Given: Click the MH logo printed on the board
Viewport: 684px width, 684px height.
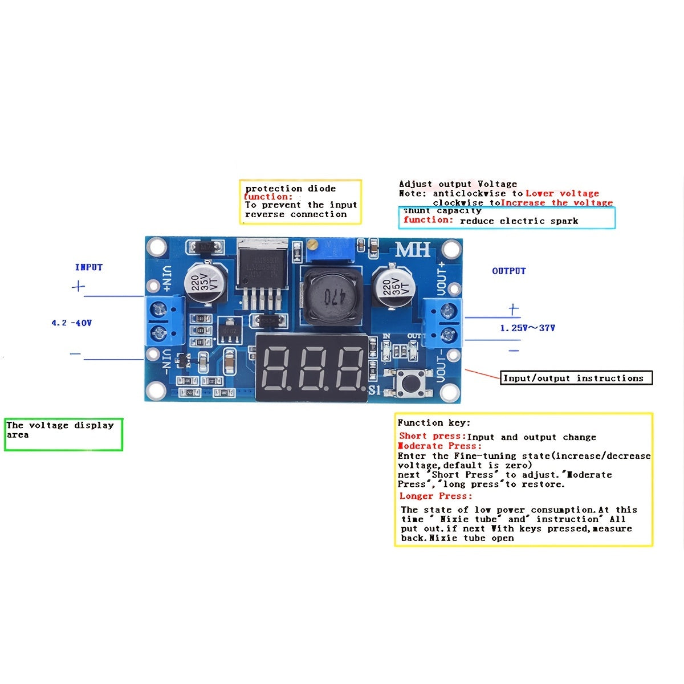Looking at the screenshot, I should pyautogui.click(x=413, y=250).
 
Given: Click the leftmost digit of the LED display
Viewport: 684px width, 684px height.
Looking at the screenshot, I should pyautogui.click(x=277, y=368).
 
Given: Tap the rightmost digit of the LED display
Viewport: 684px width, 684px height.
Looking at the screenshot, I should pyautogui.click(x=348, y=368).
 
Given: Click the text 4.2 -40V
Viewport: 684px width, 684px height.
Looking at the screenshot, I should pyautogui.click(x=71, y=323).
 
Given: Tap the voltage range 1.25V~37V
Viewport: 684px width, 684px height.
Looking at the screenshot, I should pyautogui.click(x=527, y=328).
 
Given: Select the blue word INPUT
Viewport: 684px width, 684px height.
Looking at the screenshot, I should pyautogui.click(x=89, y=267).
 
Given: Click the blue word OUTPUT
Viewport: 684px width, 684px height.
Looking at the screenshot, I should pyautogui.click(x=508, y=271).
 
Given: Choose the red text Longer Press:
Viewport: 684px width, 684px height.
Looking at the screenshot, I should pyautogui.click(x=436, y=496).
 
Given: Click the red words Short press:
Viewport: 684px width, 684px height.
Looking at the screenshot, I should pyautogui.click(x=432, y=437).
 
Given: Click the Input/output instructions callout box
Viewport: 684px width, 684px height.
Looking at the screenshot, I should pyautogui.click(x=576, y=378).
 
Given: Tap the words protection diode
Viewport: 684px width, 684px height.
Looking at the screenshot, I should pyautogui.click(x=291, y=189).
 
